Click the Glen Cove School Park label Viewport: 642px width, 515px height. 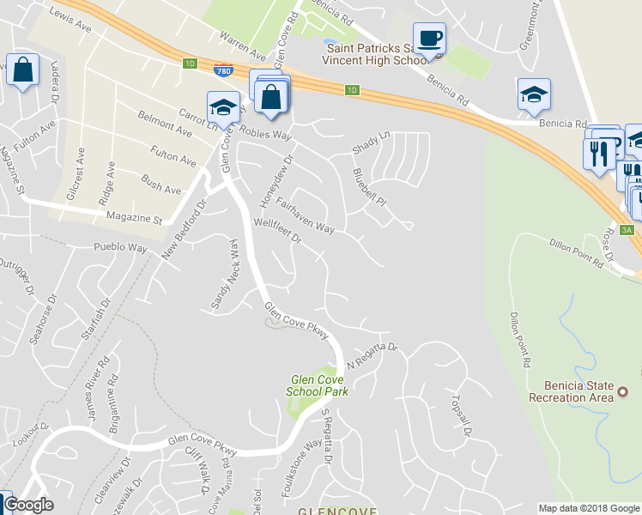pyautogui.click(x=319, y=385)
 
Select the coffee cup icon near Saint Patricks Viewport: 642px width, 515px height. pyautogui.click(x=429, y=39)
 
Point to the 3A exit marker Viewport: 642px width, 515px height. pyautogui.click(x=627, y=229)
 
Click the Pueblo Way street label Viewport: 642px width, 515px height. pyautogui.click(x=120, y=247)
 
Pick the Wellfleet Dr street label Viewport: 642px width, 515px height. pyautogui.click(x=278, y=233)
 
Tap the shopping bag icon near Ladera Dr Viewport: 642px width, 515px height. pyautogui.click(x=23, y=70)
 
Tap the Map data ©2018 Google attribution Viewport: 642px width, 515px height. pyautogui.click(x=589, y=508)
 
